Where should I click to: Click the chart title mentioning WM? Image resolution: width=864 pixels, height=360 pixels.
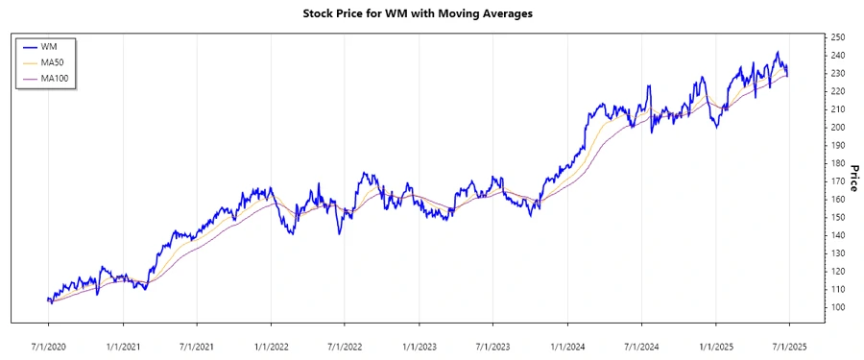[431, 14]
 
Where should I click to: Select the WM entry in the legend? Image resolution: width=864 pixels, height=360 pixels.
[49, 46]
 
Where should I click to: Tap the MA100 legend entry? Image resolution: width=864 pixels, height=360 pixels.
[55, 78]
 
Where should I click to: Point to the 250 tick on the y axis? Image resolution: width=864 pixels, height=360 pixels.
[837, 37]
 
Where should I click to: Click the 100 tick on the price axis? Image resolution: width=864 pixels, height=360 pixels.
[837, 307]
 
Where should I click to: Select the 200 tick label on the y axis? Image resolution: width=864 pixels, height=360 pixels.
[837, 128]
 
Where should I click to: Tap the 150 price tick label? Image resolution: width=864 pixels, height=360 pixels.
[837, 217]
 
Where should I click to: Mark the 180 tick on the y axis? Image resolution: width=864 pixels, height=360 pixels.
[837, 163]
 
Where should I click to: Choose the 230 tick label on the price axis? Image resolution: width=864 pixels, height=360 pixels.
[837, 73]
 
